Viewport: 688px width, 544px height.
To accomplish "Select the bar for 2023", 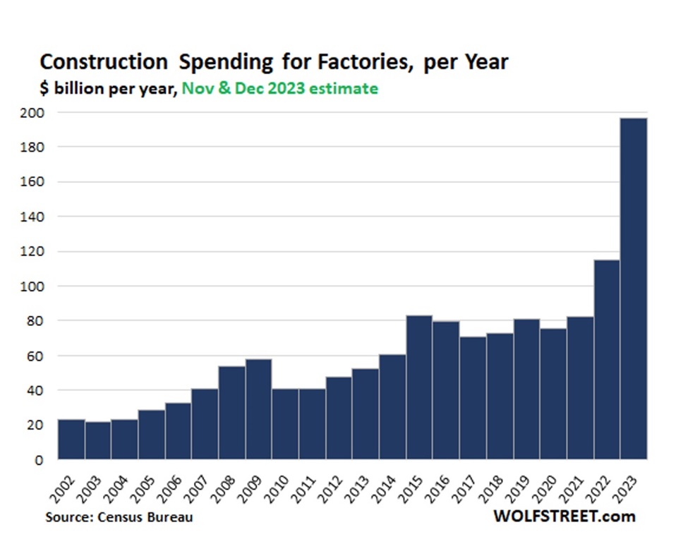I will pyautogui.click(x=634, y=289).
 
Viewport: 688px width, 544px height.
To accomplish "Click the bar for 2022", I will pyautogui.click(x=607, y=360).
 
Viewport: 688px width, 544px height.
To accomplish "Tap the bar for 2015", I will pyautogui.click(x=419, y=387).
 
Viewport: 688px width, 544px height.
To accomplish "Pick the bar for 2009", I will pyautogui.click(x=258, y=409).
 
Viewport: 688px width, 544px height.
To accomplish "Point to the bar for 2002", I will pyautogui.click(x=71, y=440).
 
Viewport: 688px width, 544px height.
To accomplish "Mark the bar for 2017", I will pyautogui.click(x=473, y=398).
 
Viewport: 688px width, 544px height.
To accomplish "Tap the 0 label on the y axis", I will pyautogui.click(x=40, y=459).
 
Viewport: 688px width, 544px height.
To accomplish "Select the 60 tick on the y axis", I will pyautogui.click(x=37, y=356).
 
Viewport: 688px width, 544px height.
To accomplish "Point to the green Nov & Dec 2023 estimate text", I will pyautogui.click(x=280, y=89).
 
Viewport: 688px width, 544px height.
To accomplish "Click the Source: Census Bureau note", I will pyautogui.click(x=119, y=517).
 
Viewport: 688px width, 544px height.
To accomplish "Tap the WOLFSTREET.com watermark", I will pyautogui.click(x=565, y=516).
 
